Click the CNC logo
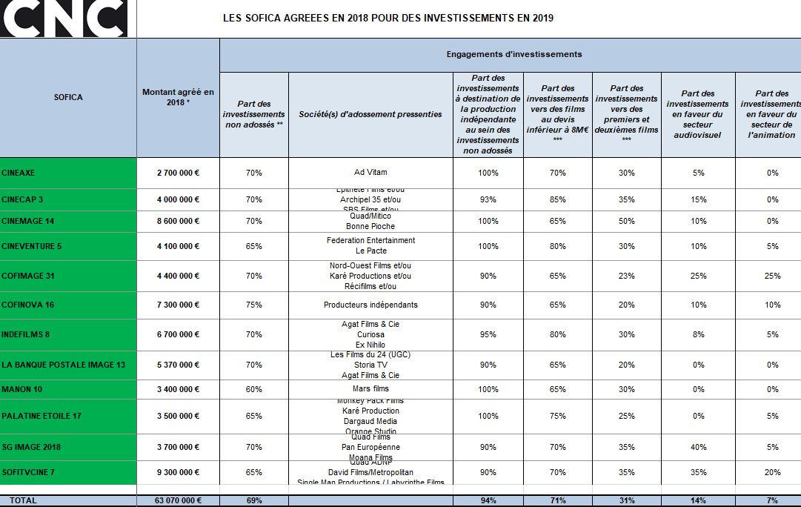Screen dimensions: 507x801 click(64, 19)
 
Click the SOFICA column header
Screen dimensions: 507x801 click(68, 97)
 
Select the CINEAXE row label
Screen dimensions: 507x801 click(19, 173)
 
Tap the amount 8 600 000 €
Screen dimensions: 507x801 click(178, 221)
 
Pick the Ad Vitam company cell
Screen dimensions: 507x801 click(370, 173)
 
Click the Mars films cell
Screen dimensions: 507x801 click(370, 388)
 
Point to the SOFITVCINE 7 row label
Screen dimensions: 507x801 click(28, 472)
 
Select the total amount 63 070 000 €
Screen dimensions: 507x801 click(178, 500)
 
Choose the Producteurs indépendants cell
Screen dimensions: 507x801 click(370, 305)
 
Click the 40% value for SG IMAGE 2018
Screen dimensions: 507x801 click(698, 447)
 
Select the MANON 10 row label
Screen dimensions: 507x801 click(21, 388)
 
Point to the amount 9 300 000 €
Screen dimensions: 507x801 click(178, 472)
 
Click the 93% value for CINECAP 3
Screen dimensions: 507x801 click(488, 199)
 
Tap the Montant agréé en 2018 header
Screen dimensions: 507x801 click(178, 97)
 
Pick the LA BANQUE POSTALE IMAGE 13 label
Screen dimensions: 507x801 click(63, 365)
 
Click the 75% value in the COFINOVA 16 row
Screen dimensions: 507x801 click(254, 305)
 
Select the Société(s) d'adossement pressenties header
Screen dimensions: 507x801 click(370, 114)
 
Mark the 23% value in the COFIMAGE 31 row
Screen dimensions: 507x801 click(626, 276)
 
